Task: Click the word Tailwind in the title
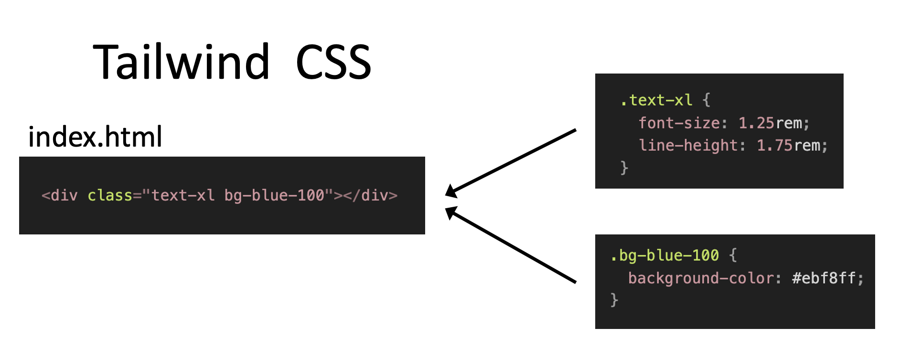click(x=182, y=62)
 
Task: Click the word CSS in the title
click(x=333, y=62)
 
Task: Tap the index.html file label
click(x=95, y=137)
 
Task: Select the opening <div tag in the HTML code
click(x=59, y=195)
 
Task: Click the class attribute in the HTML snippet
click(x=109, y=195)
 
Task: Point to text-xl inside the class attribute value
click(x=183, y=195)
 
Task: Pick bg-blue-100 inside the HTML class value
click(x=274, y=195)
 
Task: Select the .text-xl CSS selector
click(x=656, y=100)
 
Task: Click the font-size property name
click(x=679, y=123)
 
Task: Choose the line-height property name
click(x=688, y=145)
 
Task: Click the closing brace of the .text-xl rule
click(x=624, y=168)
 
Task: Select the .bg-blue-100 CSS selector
click(x=664, y=255)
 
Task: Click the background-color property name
click(x=701, y=278)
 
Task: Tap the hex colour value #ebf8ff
click(x=824, y=278)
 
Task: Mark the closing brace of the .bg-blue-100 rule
click(x=614, y=300)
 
